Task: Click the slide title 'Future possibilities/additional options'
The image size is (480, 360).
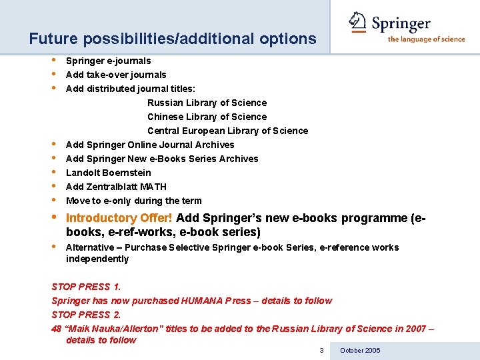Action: pos(173,39)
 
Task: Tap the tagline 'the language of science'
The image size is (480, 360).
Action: pos(427,39)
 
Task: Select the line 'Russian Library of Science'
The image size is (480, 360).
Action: pos(207,103)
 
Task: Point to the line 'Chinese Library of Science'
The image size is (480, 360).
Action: pos(207,117)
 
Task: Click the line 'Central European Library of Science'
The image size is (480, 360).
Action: pos(227,131)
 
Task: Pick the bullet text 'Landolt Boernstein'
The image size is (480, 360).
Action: pos(109,173)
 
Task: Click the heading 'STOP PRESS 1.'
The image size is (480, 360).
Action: pos(86,287)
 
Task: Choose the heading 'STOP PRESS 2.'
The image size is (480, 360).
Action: pos(86,315)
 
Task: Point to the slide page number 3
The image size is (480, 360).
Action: pos(321,351)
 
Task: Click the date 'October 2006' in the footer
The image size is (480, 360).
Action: pos(360,351)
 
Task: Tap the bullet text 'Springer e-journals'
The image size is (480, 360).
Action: pos(108,61)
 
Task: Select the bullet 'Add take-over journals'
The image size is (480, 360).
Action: pos(116,75)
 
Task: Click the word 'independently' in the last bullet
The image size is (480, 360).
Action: pos(97,259)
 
